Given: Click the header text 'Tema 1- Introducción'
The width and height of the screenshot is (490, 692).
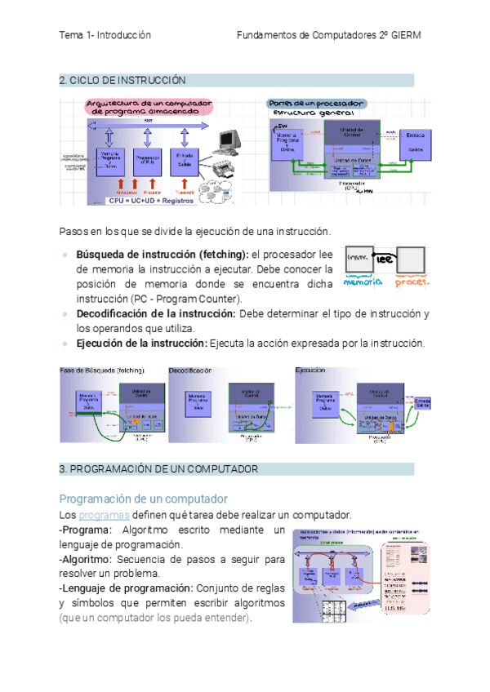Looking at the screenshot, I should coord(105,36).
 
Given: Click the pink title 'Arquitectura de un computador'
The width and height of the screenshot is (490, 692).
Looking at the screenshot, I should coord(150,104).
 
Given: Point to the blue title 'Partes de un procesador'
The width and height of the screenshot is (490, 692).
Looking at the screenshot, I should coord(318,104).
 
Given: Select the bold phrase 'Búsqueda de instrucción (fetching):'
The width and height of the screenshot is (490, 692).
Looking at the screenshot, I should coord(163,254).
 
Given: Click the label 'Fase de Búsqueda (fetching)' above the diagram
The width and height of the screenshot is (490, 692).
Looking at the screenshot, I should coord(102,370).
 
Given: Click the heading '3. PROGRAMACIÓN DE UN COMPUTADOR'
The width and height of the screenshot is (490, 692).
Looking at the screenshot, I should coord(158,469).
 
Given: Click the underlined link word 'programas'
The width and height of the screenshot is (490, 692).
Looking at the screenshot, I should coord(104,515).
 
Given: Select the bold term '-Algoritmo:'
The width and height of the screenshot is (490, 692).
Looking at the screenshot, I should coord(86,560).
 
